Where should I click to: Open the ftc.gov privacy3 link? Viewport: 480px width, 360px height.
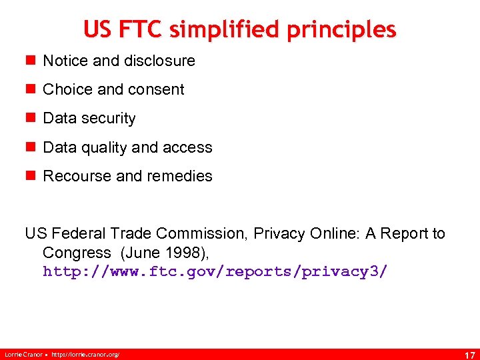click(215, 272)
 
